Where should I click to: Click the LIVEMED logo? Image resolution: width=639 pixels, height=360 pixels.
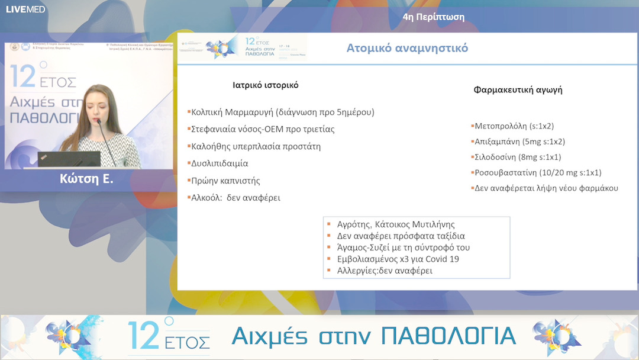(x=25, y=9)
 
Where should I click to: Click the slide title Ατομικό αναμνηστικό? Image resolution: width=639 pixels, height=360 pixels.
(x=406, y=48)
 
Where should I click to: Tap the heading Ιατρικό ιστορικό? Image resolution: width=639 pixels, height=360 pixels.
(x=265, y=85)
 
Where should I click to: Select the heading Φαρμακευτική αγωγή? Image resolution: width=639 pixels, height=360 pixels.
(x=518, y=90)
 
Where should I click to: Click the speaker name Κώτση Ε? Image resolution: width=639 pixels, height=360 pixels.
(x=86, y=179)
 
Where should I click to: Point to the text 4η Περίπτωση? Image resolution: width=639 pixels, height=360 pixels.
(x=433, y=17)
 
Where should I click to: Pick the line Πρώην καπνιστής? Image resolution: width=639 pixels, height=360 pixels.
(x=225, y=181)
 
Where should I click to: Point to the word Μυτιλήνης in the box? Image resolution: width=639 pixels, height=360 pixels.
(x=435, y=225)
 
